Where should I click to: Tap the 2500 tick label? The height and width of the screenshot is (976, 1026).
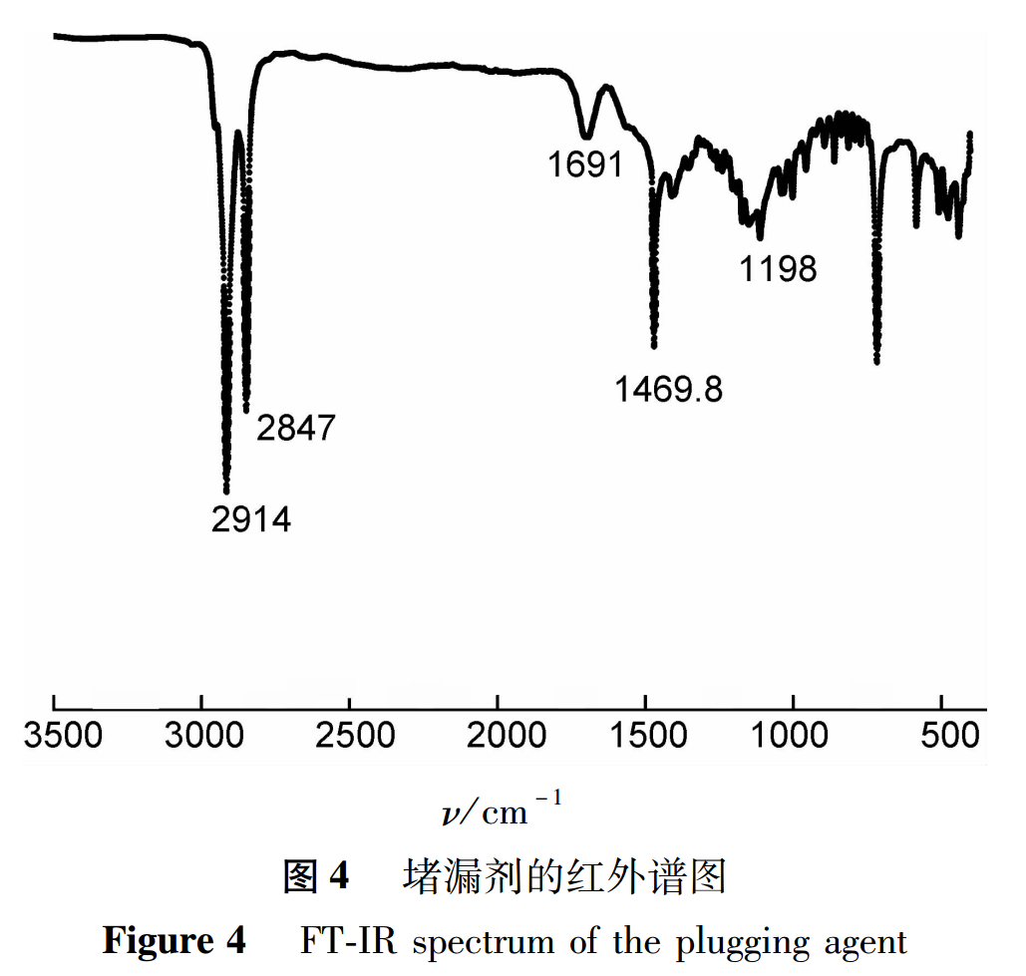pos(351,738)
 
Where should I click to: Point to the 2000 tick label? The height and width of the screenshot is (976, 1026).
pos(499,738)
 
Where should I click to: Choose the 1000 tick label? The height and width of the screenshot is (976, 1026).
pos(794,738)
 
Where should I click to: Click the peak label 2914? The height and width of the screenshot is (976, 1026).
pos(251,519)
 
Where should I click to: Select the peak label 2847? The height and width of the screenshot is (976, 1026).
pos(296,429)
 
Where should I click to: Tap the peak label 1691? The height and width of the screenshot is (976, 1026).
pos(585,164)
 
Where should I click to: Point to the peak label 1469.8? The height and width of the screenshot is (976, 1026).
pos(668,390)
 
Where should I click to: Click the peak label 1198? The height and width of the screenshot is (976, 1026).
pos(778,268)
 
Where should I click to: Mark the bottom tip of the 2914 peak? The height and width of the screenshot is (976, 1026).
pos(226,490)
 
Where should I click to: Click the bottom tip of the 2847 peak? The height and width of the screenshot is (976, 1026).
pos(246,409)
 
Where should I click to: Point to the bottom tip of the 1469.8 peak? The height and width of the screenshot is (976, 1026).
pos(654,346)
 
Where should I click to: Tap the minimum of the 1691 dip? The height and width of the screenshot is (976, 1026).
pos(586,136)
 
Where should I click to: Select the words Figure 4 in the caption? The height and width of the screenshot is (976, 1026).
pos(173,940)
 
